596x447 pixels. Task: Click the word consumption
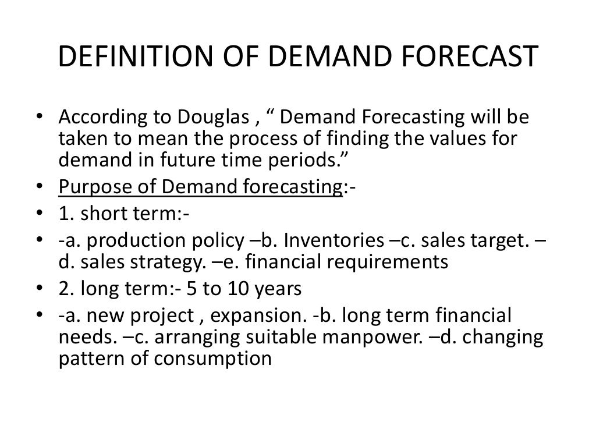[215, 359]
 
